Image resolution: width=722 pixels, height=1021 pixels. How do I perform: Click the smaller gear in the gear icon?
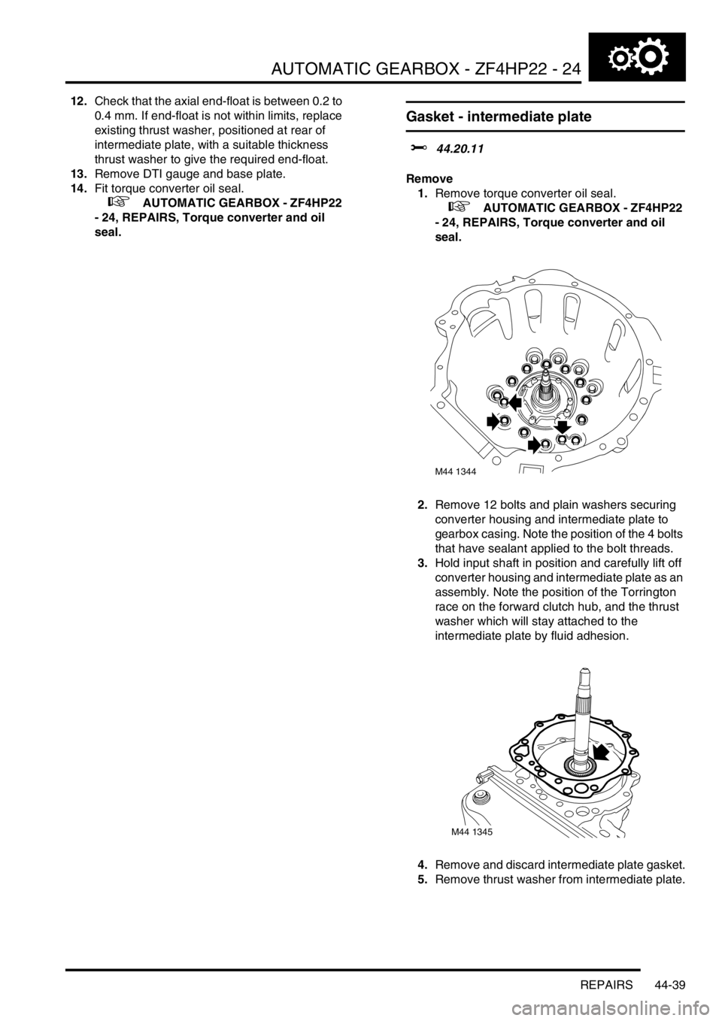[x=620, y=59]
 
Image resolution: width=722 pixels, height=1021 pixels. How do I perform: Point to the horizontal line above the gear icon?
[x=636, y=31]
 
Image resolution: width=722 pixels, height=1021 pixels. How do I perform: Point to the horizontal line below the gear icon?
[x=636, y=81]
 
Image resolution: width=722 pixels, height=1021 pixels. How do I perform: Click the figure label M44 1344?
[x=463, y=472]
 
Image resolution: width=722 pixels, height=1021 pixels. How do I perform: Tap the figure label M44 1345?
[x=480, y=832]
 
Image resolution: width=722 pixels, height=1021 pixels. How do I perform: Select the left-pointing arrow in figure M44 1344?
[x=515, y=401]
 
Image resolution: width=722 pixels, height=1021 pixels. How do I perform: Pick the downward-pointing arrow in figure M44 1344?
[x=563, y=426]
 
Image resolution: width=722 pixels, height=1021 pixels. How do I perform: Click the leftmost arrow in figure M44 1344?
[x=492, y=422]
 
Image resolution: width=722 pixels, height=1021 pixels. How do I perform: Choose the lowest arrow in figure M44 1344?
[x=533, y=444]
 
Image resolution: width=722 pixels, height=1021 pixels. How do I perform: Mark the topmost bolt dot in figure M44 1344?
[x=547, y=365]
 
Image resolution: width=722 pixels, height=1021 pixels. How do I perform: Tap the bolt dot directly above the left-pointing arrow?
[x=511, y=381]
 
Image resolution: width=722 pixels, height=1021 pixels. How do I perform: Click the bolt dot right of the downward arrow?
[x=582, y=420]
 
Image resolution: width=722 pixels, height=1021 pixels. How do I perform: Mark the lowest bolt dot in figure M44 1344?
[x=545, y=445]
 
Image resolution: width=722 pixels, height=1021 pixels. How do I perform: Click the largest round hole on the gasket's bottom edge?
[x=581, y=789]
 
